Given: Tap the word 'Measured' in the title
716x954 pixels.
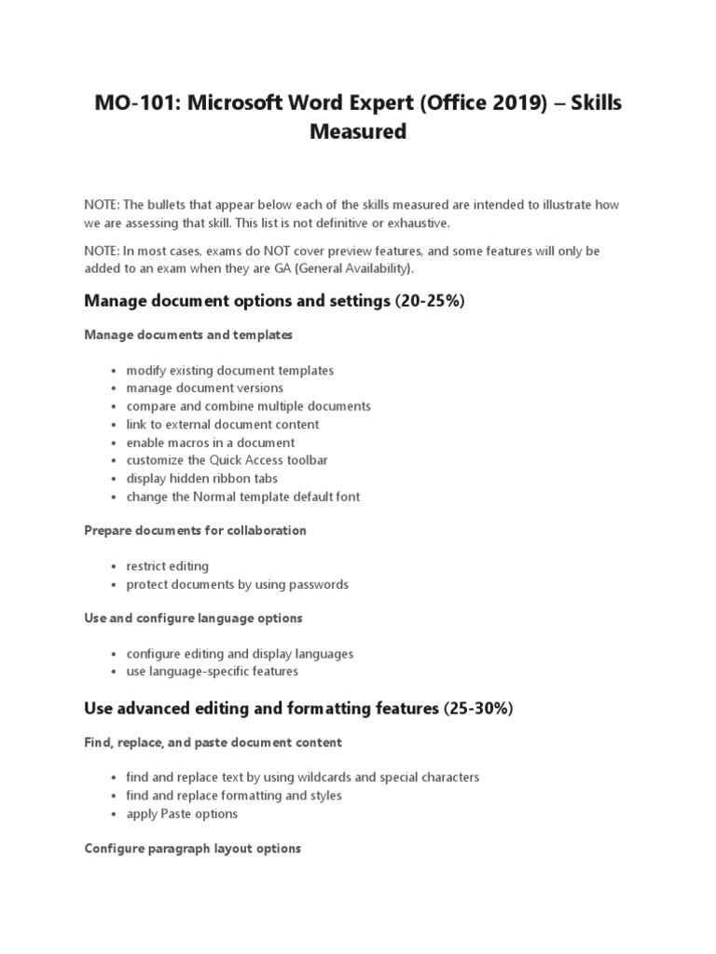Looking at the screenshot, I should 358,132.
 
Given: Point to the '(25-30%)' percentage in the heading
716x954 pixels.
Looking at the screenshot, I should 475,709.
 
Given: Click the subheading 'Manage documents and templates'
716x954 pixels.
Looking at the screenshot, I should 188,334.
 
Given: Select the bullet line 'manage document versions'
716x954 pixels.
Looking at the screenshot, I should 205,388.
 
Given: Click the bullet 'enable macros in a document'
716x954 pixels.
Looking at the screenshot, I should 211,443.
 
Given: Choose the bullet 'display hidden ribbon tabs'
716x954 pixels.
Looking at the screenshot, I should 202,479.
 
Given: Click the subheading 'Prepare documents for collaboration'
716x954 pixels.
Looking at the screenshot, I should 195,530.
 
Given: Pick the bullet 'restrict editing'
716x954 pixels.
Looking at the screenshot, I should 168,566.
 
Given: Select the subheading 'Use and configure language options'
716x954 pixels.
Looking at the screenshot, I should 193,618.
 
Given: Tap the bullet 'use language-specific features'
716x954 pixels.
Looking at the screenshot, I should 213,672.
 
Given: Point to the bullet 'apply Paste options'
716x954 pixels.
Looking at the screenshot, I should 182,813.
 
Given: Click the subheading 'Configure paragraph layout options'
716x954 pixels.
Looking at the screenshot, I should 192,849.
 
